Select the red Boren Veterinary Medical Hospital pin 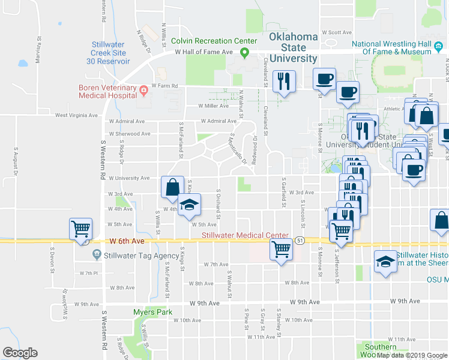click(x=143, y=91)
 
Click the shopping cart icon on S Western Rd click(x=80, y=228)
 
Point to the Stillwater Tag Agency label click(x=137, y=255)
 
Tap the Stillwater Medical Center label click(x=245, y=235)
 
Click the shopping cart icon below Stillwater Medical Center click(x=281, y=248)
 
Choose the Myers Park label click(x=152, y=312)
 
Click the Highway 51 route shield click(x=300, y=241)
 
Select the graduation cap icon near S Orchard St click(x=188, y=205)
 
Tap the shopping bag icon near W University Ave click(x=172, y=187)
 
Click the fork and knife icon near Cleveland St click(x=284, y=80)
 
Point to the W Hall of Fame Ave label click(x=203, y=53)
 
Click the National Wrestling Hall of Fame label click(x=391, y=47)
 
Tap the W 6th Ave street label click(x=127, y=241)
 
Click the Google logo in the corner click(x=20, y=353)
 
